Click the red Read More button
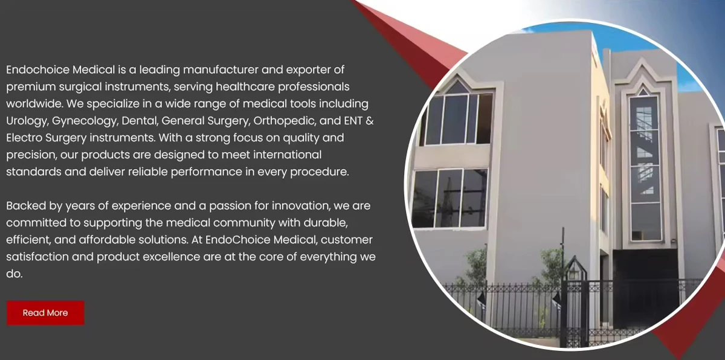point(45,313)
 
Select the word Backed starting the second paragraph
point(25,206)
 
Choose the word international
point(283,155)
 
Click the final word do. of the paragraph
point(14,274)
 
